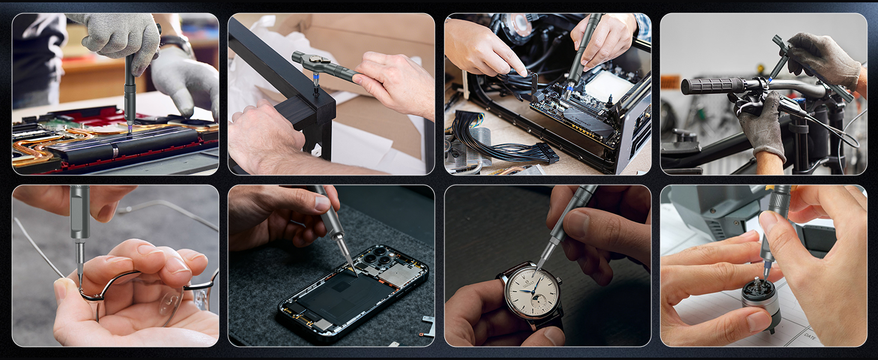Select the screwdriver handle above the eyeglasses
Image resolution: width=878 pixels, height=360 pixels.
pyautogui.click(x=79, y=210)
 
